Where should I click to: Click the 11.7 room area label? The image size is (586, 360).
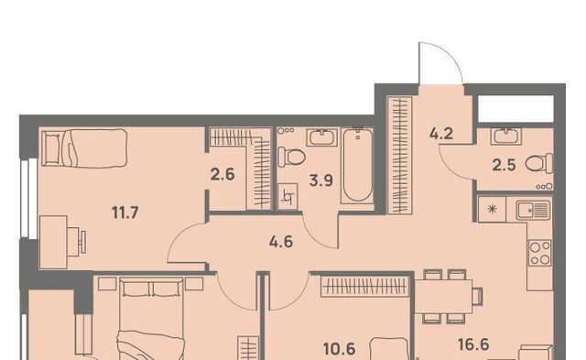coord(125,213)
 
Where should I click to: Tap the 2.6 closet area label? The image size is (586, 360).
coord(222,174)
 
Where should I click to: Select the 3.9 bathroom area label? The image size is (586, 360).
coord(321,180)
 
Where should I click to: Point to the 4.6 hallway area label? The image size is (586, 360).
coord(281,242)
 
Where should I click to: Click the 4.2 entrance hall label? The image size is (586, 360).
coord(441,133)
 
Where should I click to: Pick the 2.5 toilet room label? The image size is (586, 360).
coord(504,165)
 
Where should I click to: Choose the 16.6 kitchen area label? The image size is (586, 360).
coord(473,344)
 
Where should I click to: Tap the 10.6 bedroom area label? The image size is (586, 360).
coord(340,349)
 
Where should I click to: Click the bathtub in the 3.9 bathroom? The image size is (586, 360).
coord(358,166)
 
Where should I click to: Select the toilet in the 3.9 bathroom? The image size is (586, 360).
coord(292,157)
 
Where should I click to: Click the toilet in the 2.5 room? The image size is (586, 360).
coord(539,163)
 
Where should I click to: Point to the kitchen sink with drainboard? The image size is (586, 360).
coord(533,210)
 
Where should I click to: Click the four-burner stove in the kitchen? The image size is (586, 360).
coord(540,253)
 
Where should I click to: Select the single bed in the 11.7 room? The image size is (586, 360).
coord(84,148)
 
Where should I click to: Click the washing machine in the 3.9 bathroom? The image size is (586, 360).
coord(288,196)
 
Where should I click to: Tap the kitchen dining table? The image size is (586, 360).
coord(443,296)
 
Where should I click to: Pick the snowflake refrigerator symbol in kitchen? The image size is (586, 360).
coord(493,210)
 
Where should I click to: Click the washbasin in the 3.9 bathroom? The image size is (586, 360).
coord(322,137)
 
